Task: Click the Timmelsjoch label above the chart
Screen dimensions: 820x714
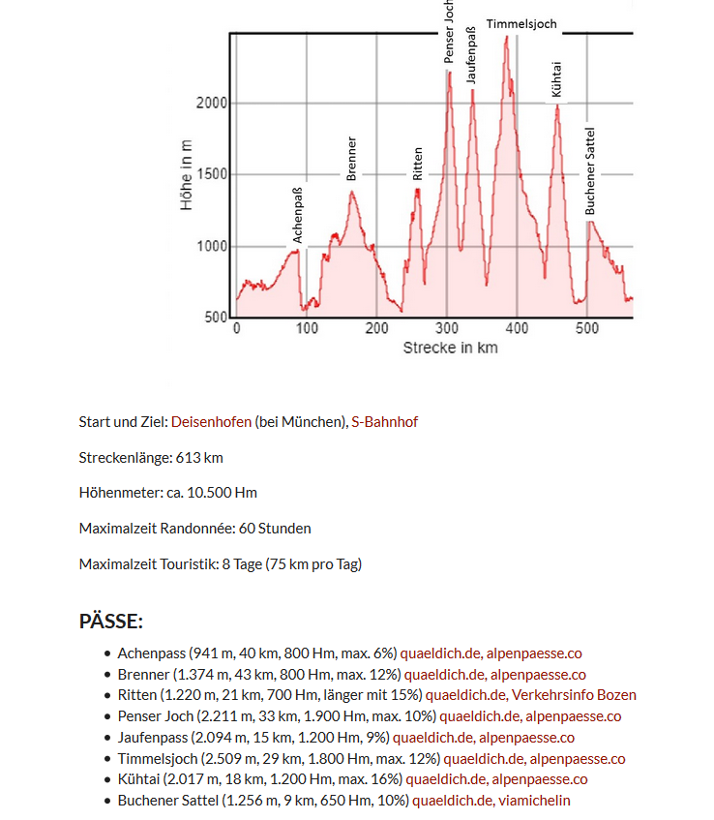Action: [x=521, y=24]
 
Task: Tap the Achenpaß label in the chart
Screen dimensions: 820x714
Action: [x=298, y=215]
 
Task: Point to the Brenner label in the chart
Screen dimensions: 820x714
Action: [x=351, y=159]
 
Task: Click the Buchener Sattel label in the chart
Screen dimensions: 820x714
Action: [x=590, y=171]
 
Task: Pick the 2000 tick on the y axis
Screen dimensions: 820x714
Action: [x=212, y=104]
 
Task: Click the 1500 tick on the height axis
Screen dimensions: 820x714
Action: [x=212, y=175]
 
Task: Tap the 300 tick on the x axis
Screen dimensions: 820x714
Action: [x=447, y=329]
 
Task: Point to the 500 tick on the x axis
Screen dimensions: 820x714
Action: [x=587, y=329]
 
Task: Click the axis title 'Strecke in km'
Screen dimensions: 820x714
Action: [x=450, y=348]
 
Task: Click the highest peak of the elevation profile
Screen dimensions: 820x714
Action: [x=506, y=38]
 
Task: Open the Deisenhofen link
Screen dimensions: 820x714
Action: [x=212, y=422]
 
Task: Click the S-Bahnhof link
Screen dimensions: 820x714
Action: [x=384, y=422]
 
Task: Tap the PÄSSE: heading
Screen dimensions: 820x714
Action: [x=111, y=622]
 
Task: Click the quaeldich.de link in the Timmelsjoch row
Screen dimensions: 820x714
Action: [x=483, y=759]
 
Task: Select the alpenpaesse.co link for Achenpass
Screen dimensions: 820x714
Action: [x=534, y=653]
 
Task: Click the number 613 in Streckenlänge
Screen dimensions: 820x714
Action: [x=186, y=457]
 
